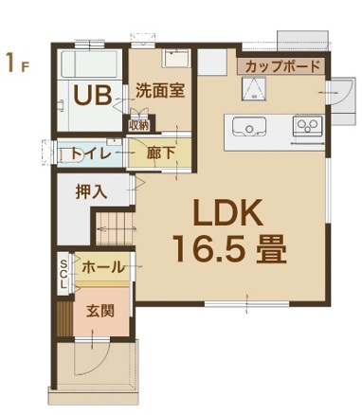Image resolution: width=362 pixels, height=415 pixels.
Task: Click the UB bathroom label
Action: (93, 95)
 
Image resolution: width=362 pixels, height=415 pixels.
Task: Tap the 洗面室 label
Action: (160, 91)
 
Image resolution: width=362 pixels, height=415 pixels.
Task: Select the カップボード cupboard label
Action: (282, 66)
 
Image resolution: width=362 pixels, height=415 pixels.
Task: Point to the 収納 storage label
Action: (138, 126)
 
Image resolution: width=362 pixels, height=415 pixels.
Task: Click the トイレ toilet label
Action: (91, 153)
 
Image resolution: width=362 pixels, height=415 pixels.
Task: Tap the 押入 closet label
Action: (92, 191)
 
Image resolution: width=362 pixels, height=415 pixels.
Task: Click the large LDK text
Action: (228, 212)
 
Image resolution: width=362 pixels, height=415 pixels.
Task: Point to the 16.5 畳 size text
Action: (231, 249)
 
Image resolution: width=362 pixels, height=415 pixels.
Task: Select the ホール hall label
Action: (103, 267)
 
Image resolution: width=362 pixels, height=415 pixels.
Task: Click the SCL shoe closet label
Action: (63, 274)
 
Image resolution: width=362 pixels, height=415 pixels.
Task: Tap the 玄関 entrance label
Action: (100, 312)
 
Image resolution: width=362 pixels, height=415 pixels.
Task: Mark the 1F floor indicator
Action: (17, 63)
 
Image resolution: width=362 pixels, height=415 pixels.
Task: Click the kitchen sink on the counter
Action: (249, 126)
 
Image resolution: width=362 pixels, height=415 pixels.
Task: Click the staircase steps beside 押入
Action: (115, 228)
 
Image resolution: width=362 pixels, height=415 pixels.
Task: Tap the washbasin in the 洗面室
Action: (176, 58)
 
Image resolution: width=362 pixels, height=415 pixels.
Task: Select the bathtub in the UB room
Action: (90, 64)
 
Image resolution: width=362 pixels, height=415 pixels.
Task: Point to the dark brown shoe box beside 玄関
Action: (64, 320)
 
